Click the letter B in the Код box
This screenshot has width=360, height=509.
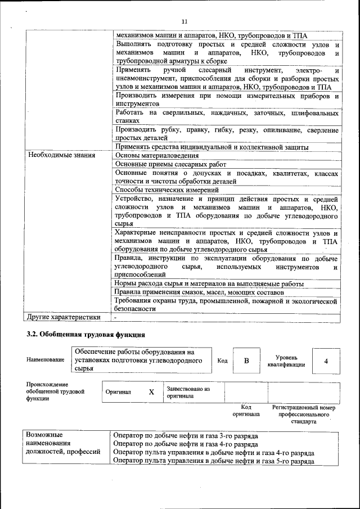pyautogui.click(x=246, y=361)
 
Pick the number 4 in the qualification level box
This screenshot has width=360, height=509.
pyautogui.click(x=326, y=361)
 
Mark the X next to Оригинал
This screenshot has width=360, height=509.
pyautogui.click(x=151, y=391)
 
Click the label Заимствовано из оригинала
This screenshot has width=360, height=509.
pyautogui.click(x=188, y=392)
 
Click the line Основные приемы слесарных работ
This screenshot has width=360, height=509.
pyautogui.click(x=170, y=164)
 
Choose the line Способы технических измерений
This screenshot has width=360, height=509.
pyautogui.click(x=167, y=190)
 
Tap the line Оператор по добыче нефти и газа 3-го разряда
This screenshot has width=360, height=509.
pyautogui.click(x=185, y=436)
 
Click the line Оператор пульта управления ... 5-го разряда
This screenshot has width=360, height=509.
pyautogui.click(x=213, y=461)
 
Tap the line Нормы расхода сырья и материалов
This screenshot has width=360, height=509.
pyautogui.click(x=209, y=283)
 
